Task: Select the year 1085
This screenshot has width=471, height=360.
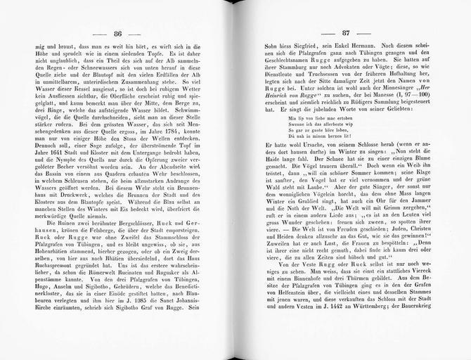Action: coord(124,311)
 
